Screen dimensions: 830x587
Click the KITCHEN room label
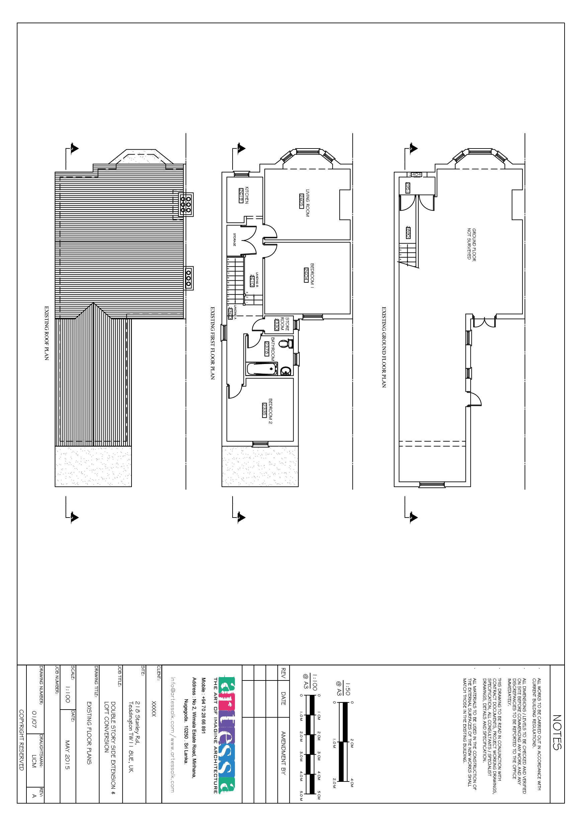tap(247, 195)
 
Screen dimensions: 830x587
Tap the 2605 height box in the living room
tap(301, 201)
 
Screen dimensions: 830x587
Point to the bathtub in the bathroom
tap(261, 369)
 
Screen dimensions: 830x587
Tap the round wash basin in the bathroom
tap(286, 371)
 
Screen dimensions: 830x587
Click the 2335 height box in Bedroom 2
tap(264, 410)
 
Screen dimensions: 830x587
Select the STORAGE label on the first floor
tap(235, 240)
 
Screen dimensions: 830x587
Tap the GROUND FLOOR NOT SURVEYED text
tap(472, 244)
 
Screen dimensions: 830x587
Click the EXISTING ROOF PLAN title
tap(46, 333)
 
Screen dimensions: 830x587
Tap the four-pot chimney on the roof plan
tap(185, 205)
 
